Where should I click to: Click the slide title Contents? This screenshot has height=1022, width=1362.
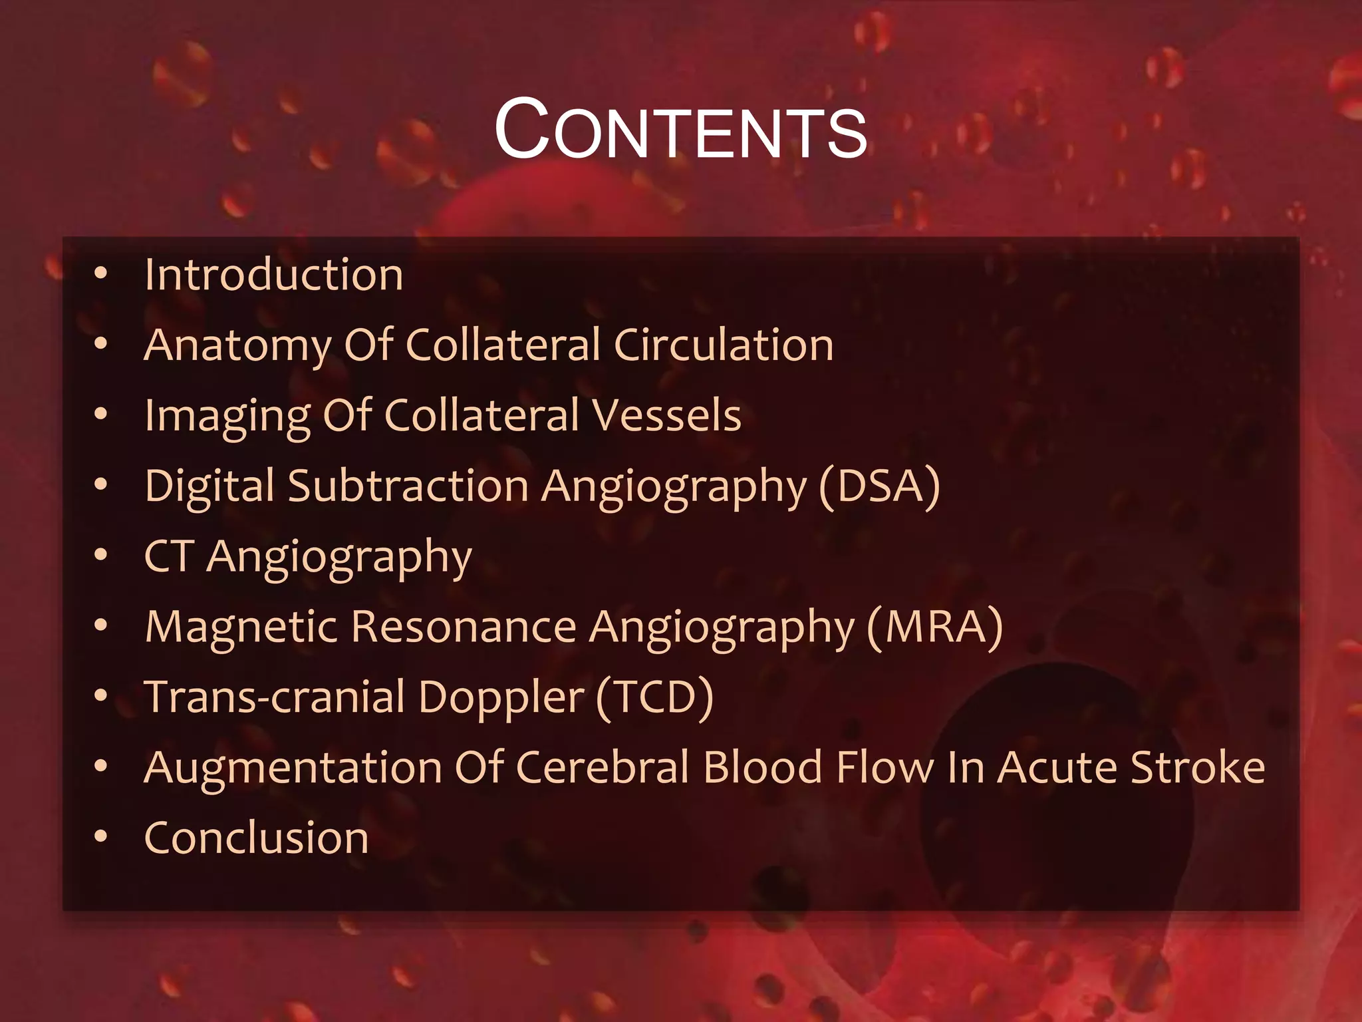[x=680, y=129]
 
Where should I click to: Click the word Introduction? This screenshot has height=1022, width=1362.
[x=274, y=275]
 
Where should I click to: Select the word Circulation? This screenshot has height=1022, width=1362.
[x=724, y=345]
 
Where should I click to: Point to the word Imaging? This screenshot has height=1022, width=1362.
[x=227, y=417]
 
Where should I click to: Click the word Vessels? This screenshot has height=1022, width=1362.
[x=666, y=416]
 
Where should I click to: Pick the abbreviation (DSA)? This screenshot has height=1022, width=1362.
[x=879, y=486]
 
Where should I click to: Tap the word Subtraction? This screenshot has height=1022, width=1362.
[x=408, y=486]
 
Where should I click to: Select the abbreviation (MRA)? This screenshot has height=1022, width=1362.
[x=934, y=627]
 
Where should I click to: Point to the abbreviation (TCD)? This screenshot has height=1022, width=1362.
[x=654, y=698]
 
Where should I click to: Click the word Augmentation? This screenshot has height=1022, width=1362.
[x=293, y=768]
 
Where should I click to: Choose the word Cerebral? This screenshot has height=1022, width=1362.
[x=602, y=767]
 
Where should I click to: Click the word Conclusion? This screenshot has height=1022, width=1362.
[x=256, y=838]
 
